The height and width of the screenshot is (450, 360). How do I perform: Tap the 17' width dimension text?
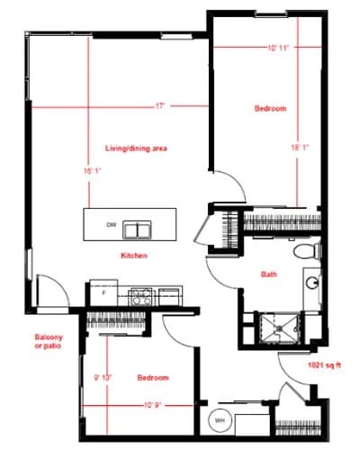160,106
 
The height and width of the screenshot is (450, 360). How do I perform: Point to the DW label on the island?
112,224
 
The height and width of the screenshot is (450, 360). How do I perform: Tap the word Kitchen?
135,256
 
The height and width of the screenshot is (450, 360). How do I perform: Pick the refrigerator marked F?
102,293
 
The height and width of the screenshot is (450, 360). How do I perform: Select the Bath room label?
268,274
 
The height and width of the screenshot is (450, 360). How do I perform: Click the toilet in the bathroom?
305,249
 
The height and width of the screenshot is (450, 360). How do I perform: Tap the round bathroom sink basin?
312,283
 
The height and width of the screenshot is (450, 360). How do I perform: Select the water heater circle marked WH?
220,420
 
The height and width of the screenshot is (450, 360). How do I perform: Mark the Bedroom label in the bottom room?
153,377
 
